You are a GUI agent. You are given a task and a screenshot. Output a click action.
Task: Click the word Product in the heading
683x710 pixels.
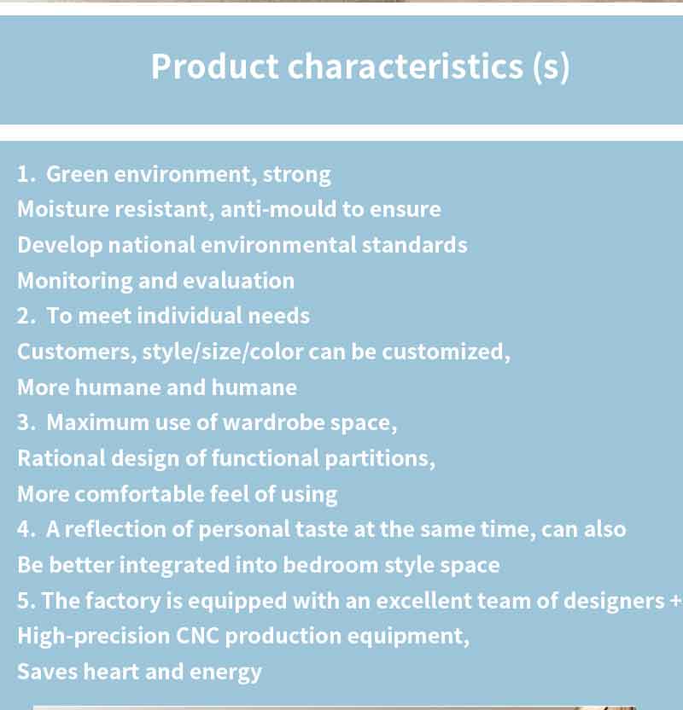pos(214,67)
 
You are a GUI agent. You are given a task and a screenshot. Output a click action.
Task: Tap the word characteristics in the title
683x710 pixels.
pos(406,67)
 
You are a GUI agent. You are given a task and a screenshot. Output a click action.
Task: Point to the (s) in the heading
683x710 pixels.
pos(552,67)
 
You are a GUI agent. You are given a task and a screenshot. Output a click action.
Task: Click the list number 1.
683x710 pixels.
pos(26,174)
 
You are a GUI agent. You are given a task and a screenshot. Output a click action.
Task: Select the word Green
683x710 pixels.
pos(78,174)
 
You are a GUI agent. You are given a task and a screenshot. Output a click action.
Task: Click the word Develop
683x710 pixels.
pos(60,246)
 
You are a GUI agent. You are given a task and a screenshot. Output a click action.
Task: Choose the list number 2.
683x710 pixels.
pos(26,316)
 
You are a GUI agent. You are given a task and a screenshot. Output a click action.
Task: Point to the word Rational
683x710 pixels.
pos(61,458)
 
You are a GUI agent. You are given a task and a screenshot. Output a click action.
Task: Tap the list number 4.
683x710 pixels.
pos(26,529)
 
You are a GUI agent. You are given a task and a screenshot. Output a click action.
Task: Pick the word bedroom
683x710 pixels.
pos(330,565)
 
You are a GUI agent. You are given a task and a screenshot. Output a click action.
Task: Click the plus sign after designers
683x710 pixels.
pos(676,601)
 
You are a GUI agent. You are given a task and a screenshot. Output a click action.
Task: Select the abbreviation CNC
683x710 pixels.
pos(197,636)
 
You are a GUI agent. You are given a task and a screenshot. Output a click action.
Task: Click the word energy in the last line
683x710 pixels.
pos(225,672)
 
